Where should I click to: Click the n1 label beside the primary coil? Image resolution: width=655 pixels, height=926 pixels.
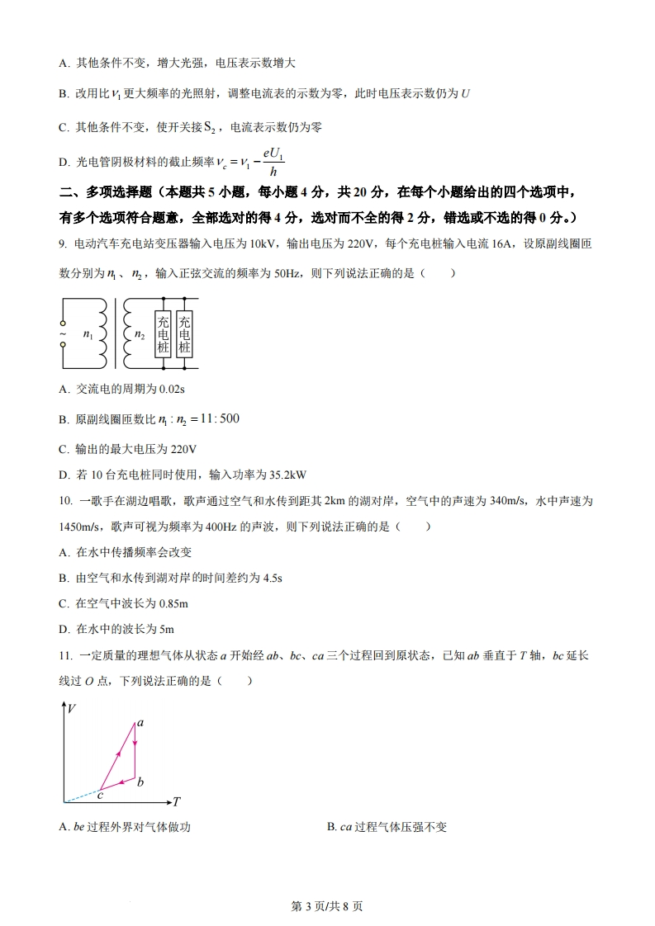pos(88,335)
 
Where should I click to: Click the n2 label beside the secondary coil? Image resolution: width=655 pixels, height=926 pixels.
pos(140,335)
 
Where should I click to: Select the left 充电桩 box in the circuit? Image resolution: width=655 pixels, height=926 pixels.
pos(163,334)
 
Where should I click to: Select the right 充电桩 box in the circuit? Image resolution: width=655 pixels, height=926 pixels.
pos(184,334)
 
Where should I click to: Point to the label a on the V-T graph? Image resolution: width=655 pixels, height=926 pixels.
pos(140,723)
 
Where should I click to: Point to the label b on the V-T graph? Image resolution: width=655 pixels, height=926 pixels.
pos(140,782)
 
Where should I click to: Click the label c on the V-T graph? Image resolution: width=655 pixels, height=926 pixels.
pos(99,795)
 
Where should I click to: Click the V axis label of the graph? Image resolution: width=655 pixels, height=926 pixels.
pos(73,708)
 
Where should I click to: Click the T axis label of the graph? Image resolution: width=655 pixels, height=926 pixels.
pos(176,801)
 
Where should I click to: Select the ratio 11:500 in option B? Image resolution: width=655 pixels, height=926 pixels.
pos(219,419)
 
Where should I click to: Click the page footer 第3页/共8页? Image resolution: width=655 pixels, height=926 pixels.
pos(328,905)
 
